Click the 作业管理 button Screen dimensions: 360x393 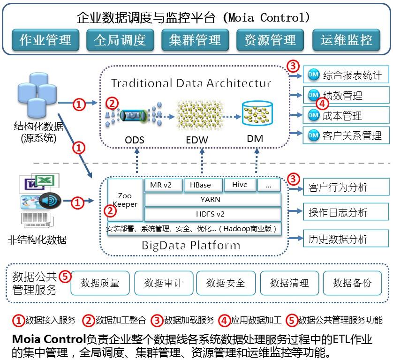(45, 40)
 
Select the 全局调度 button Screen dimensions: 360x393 (120, 40)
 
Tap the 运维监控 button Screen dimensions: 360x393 (346, 40)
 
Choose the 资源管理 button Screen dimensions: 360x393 (270, 40)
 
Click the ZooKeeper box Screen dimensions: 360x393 (125, 200)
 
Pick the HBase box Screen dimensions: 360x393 (200, 185)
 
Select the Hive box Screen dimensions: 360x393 (240, 185)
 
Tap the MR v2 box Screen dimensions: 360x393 (161, 185)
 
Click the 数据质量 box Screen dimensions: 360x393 (100, 283)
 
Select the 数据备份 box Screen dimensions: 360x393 (352, 283)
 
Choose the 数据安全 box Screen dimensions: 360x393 (226, 283)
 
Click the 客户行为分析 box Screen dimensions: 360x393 (345, 187)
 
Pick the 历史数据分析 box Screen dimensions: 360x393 (345, 239)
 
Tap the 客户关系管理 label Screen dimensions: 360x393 (352, 136)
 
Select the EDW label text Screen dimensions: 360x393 (196, 139)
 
